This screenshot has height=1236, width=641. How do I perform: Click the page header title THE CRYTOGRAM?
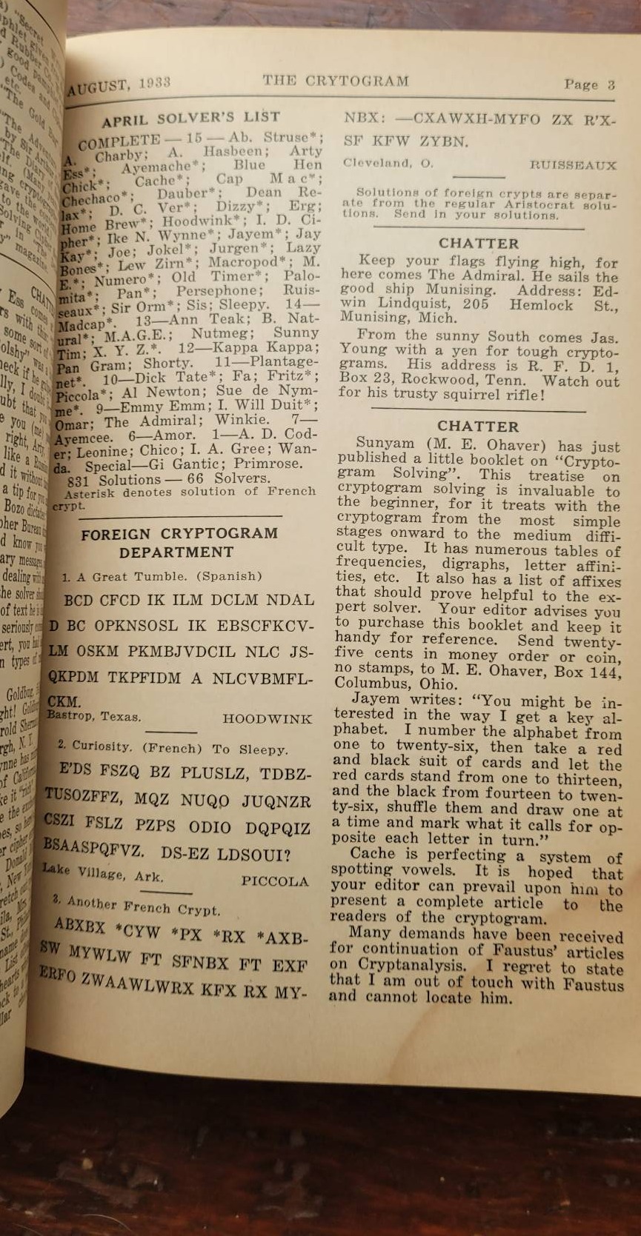[336, 81]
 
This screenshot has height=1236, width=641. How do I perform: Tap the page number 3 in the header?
[611, 84]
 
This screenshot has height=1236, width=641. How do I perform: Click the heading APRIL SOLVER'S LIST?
[191, 118]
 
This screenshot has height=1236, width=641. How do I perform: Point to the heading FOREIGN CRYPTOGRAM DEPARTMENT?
[179, 543]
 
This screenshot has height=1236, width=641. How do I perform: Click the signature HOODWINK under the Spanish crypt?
[267, 719]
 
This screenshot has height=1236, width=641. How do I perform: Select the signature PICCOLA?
[274, 882]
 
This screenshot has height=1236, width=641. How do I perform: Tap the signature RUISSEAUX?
[573, 164]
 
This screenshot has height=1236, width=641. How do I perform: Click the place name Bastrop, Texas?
[95, 717]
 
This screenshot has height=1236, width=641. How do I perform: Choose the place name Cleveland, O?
[387, 163]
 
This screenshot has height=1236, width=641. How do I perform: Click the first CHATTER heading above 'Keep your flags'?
[478, 244]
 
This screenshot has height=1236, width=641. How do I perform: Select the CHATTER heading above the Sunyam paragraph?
[478, 427]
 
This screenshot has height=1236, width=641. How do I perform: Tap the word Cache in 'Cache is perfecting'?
[374, 854]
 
